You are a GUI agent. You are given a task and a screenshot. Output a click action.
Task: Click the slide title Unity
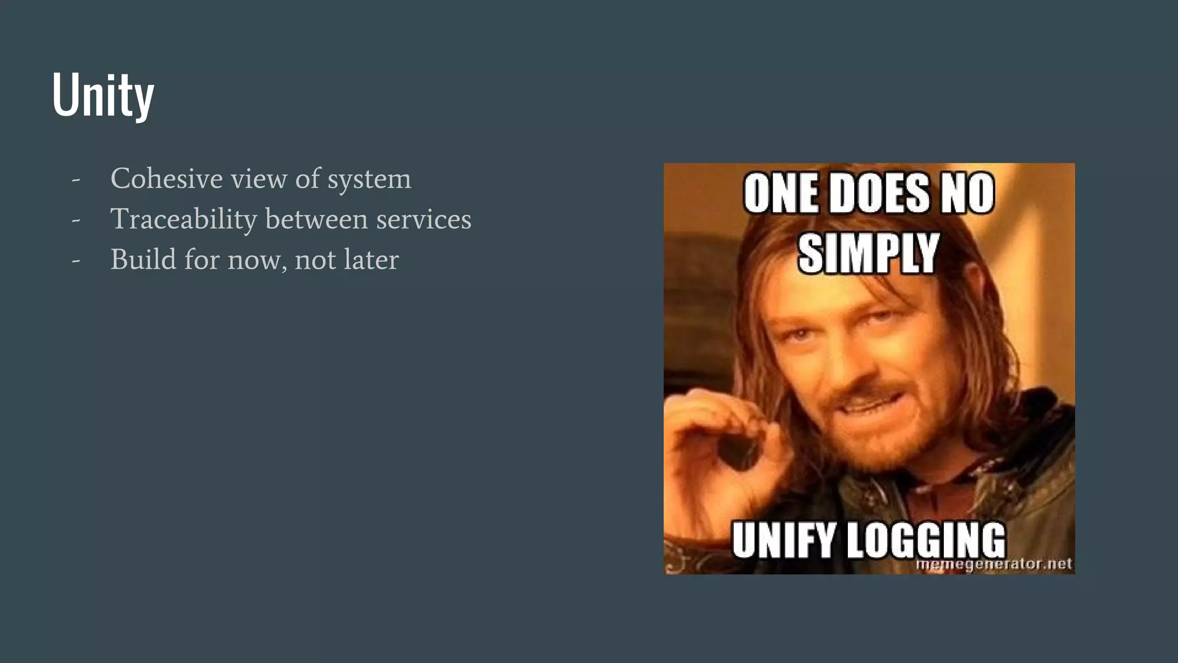coord(104,95)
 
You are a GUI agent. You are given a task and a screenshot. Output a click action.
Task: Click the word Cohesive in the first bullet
coord(166,178)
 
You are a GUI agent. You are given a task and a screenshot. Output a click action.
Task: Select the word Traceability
coord(183,219)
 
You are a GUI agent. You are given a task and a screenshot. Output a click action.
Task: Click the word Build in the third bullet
coord(143,260)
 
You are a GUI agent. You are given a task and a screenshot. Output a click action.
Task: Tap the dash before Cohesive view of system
coord(76,180)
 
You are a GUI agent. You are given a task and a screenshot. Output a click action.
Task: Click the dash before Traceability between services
coord(76,220)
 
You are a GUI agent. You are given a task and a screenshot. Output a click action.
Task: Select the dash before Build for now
coord(76,261)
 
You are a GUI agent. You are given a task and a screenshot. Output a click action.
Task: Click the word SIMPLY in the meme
coord(869,253)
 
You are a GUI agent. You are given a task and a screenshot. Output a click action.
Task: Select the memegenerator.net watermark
coord(993,564)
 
